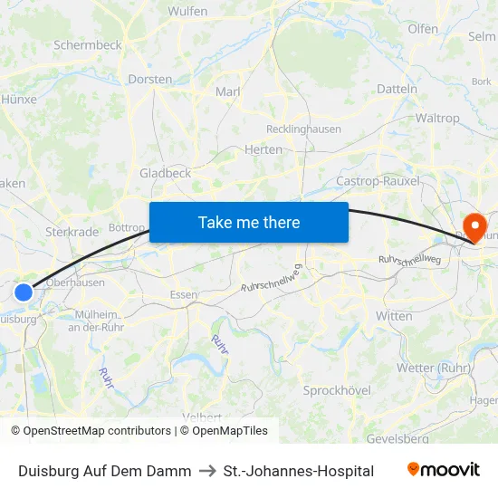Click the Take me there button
pos(249,222)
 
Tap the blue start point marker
pos(24,292)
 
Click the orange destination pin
pos(474,225)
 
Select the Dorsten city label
pos(150,79)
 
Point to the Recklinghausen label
pos(303,129)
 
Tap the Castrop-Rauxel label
pos(378,181)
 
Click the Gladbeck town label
pos(165,172)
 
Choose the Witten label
pos(393,315)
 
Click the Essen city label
pos(184,294)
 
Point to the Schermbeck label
pos(87,44)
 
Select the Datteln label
pos(397,89)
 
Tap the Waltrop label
pos(437,119)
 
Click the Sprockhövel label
pos(337,390)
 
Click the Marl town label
pos(226,91)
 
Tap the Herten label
pos(263,149)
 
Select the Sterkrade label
pos(72,232)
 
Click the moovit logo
pos(443,470)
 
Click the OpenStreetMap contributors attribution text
pos(97,431)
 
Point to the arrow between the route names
pos(207,471)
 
